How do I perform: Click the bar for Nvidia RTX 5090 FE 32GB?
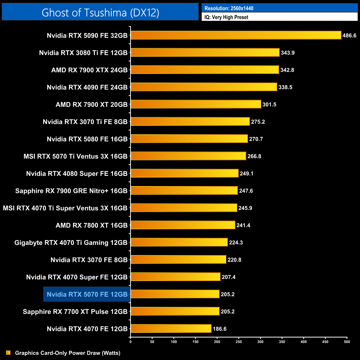click(x=236, y=35)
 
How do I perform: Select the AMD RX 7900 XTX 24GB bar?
click(x=205, y=70)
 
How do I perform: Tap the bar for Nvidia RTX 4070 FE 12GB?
click(x=171, y=329)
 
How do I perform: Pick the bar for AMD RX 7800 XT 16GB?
click(x=183, y=225)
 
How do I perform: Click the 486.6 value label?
click(x=349, y=35)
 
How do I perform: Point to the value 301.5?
click(x=269, y=104)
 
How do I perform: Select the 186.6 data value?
click(x=220, y=329)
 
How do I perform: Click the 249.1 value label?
click(x=246, y=173)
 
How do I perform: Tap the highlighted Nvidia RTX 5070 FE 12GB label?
click(x=87, y=294)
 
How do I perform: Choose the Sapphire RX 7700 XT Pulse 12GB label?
click(x=75, y=312)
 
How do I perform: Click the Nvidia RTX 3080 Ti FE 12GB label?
click(x=83, y=53)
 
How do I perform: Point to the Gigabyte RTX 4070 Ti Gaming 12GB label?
click(x=71, y=243)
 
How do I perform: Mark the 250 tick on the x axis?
click(x=239, y=342)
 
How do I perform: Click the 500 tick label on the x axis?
click(x=347, y=342)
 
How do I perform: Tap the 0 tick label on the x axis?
click(x=130, y=342)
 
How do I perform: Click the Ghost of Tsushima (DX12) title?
click(x=100, y=12)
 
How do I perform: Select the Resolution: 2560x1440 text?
click(x=229, y=8)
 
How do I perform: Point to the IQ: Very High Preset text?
click(x=226, y=17)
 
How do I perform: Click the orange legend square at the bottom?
click(x=8, y=353)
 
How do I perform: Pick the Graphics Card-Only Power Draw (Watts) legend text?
click(x=68, y=353)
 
